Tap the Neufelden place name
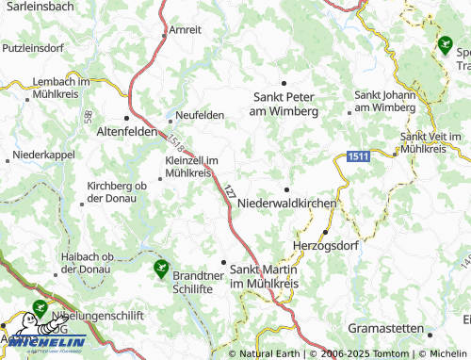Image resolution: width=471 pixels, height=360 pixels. tap(199, 115)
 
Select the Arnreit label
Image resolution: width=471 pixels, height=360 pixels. tap(185, 30)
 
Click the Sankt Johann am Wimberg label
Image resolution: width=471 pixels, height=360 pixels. tap(383, 101)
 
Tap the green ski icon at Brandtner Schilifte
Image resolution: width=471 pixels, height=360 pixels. tap(161, 268)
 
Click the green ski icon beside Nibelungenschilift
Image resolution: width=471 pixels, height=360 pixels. tap(39, 307)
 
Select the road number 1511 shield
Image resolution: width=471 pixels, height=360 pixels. tap(356, 155)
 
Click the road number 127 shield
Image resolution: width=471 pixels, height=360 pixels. tap(229, 190)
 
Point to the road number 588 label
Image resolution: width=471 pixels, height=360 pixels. tap(87, 114)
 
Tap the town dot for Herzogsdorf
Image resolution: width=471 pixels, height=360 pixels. tap(326, 232)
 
